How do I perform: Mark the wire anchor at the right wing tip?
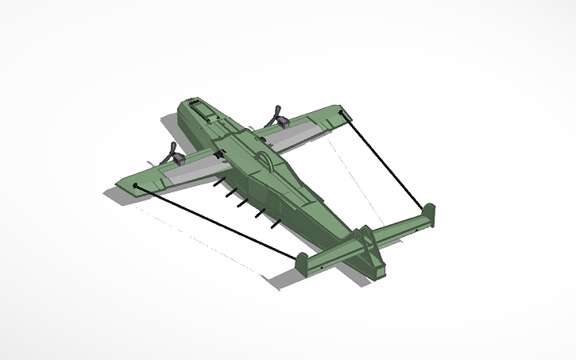pyautogui.click(x=344, y=115)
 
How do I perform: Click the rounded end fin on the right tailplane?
pyautogui.click(x=429, y=212)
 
